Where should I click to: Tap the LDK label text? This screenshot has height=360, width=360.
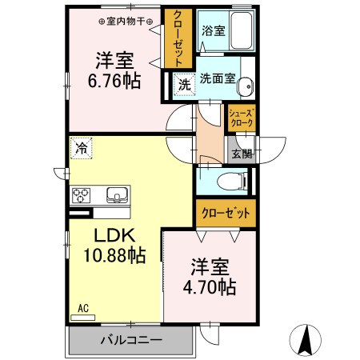[x=114, y=236]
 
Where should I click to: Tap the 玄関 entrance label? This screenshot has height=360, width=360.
[x=241, y=154]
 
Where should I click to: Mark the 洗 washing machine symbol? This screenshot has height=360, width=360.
[x=184, y=83]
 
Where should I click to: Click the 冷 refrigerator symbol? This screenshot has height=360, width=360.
[x=82, y=147]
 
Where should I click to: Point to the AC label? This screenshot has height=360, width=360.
[x=83, y=308]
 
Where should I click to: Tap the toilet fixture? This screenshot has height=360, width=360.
[x=234, y=180]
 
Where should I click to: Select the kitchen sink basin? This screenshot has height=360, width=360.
[x=116, y=195]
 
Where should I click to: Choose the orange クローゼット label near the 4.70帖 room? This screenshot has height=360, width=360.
[x=226, y=214]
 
